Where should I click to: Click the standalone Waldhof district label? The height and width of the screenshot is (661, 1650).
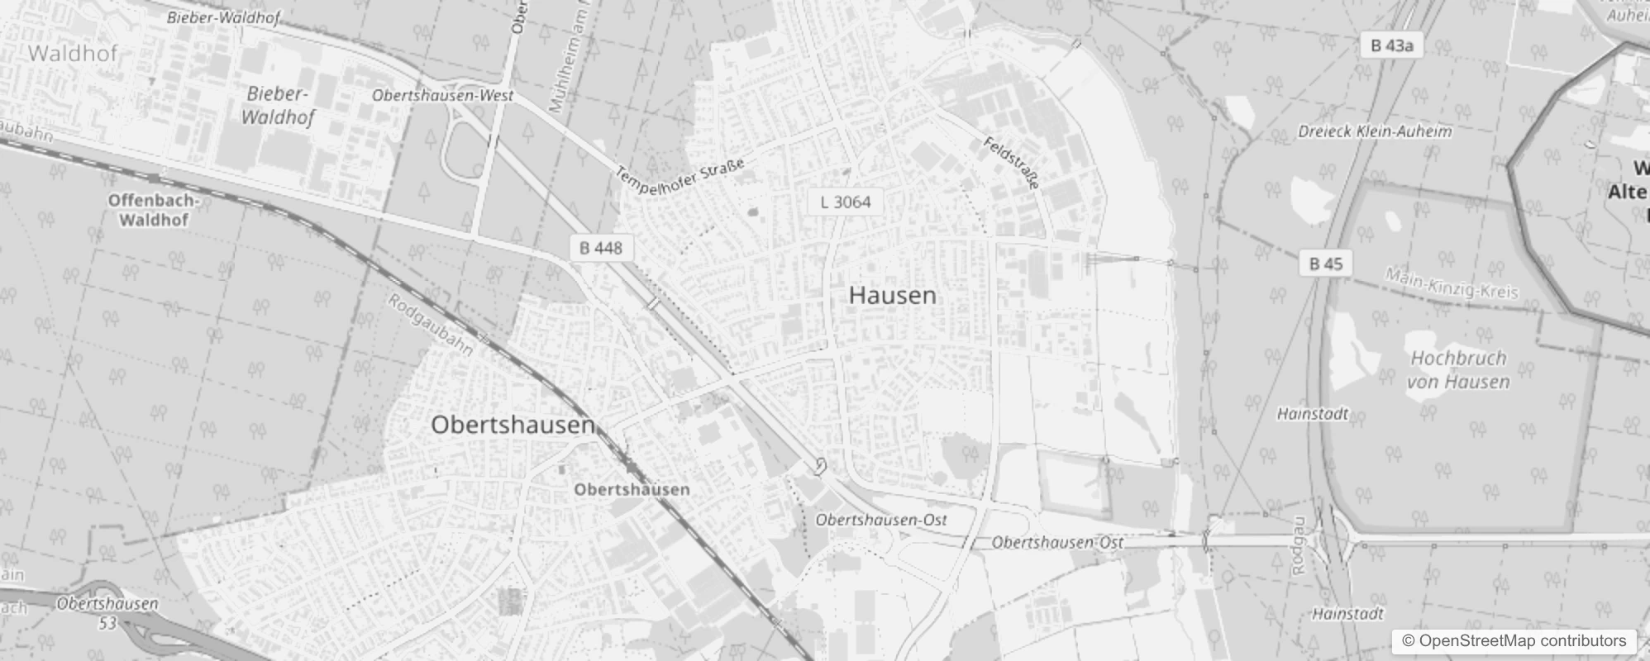pos(74,54)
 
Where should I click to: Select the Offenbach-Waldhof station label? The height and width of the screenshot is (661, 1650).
pos(153,210)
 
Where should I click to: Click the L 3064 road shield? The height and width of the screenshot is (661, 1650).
pos(846,202)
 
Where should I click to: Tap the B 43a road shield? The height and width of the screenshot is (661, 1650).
pos(1391,45)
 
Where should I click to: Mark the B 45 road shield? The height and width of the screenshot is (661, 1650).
pos(1326,264)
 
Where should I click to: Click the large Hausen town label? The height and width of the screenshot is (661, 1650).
pos(893,295)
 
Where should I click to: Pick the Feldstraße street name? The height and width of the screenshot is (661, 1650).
pos(1011,162)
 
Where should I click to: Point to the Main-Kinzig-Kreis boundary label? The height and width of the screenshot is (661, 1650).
pos(1452,284)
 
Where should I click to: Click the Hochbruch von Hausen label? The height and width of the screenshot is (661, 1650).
pos(1458,369)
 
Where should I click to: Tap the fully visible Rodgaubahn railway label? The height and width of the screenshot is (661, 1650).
pos(431,326)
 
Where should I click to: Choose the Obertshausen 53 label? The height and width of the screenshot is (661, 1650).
pos(107,612)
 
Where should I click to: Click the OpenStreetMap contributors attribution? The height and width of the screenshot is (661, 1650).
pos(1514,641)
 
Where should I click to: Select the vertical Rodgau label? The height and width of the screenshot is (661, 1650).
pos(1299,545)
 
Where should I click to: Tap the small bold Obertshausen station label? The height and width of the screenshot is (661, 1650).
pos(632,489)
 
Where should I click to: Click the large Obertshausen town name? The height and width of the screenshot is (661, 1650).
pos(513,425)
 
